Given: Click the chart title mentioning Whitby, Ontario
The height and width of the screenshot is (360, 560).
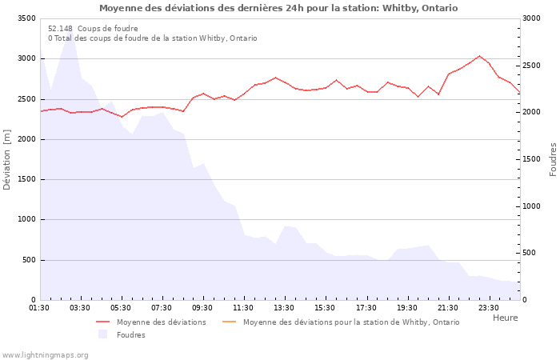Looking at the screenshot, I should click(x=278, y=8).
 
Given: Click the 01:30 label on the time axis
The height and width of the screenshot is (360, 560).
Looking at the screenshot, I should click(x=39, y=307).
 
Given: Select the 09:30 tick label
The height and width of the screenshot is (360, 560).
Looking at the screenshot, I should click(x=203, y=307).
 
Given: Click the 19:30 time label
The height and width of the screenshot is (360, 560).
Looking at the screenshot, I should click(x=408, y=307).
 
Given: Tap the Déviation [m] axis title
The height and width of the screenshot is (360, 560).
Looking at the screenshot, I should click(x=8, y=159).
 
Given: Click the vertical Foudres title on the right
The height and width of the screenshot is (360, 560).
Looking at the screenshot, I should click(x=553, y=159).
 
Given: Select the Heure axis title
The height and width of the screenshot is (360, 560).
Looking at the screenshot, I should click(x=505, y=318).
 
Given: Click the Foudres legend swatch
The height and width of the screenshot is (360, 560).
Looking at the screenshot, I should click(x=102, y=334).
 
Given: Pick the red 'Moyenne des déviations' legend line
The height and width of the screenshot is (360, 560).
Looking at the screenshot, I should click(x=102, y=322).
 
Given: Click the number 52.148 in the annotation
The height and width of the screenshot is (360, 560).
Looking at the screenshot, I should click(x=60, y=29).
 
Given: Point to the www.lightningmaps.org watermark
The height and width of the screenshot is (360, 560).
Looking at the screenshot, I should click(x=46, y=354).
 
